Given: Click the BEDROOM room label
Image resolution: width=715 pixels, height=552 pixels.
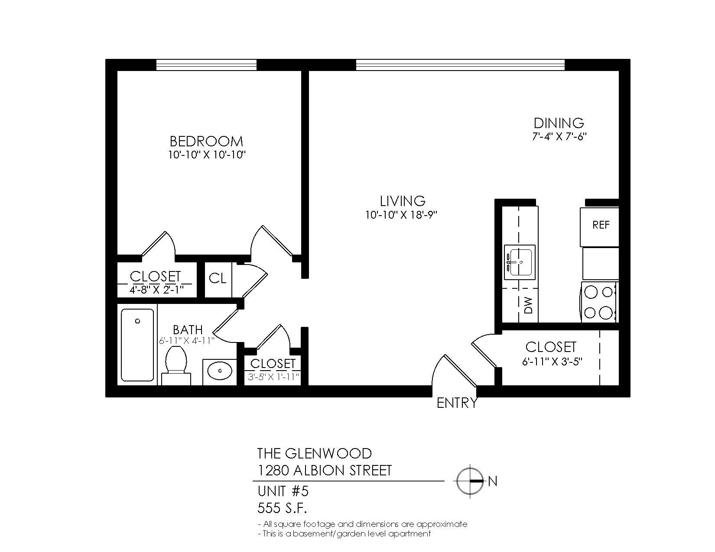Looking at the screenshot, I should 206,141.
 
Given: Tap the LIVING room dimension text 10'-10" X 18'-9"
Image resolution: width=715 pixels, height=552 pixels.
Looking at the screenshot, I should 403,215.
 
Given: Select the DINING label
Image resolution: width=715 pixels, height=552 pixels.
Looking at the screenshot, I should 559,123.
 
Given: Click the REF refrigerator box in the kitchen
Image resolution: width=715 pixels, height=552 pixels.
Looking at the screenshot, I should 601,225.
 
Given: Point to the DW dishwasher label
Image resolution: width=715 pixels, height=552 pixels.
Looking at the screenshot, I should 528,306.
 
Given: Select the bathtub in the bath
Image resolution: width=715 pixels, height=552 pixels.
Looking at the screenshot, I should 137,344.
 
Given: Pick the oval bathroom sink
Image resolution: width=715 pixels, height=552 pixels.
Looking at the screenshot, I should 220,371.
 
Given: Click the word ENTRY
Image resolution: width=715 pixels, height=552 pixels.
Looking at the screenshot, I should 457,404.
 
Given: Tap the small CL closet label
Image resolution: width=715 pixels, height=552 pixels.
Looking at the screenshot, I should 218,278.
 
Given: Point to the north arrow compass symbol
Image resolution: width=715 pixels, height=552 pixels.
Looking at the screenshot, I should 470,481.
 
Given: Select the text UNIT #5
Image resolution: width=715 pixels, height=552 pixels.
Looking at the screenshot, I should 283,491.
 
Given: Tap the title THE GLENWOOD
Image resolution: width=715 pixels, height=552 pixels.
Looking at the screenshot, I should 314,453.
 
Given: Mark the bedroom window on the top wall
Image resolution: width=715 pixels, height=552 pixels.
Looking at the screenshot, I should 206,65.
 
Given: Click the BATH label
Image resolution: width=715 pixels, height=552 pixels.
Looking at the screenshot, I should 188,330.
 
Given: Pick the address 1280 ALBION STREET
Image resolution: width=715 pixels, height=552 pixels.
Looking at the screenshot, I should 325,470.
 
